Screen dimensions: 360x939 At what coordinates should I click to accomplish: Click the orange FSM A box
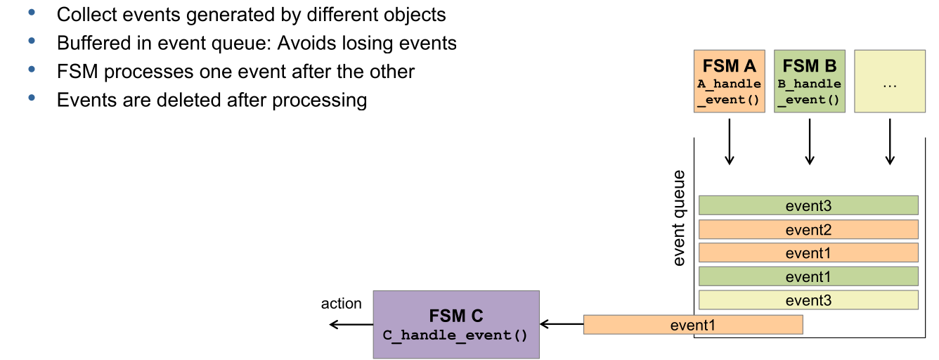[x=729, y=81]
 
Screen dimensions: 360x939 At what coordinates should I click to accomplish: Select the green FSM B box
[x=809, y=81]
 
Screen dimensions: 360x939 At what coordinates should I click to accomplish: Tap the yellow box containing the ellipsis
[x=889, y=81]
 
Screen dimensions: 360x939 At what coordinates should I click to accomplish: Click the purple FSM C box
[x=455, y=324]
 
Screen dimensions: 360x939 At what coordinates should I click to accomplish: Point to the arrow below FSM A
[x=730, y=141]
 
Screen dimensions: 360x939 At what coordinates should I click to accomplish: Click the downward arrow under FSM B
[x=810, y=141]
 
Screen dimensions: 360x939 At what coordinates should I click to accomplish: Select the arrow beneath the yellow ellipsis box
[x=890, y=141]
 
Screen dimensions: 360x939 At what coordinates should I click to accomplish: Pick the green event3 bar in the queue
[x=808, y=205]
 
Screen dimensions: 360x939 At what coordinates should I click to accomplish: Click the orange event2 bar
[x=808, y=229]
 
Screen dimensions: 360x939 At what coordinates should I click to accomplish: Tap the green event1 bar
[x=808, y=276]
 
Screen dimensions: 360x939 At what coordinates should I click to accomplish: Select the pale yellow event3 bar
[x=808, y=300]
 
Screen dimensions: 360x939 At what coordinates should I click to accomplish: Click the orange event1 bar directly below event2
[x=808, y=253]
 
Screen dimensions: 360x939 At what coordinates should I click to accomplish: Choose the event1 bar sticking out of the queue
[x=693, y=324]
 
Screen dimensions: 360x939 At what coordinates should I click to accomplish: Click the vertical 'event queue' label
[x=679, y=218]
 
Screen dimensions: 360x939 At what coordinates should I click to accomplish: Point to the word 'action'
[x=341, y=304]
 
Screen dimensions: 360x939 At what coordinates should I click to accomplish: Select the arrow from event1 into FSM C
[x=562, y=324]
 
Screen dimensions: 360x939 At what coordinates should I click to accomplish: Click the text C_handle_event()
[x=455, y=335]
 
